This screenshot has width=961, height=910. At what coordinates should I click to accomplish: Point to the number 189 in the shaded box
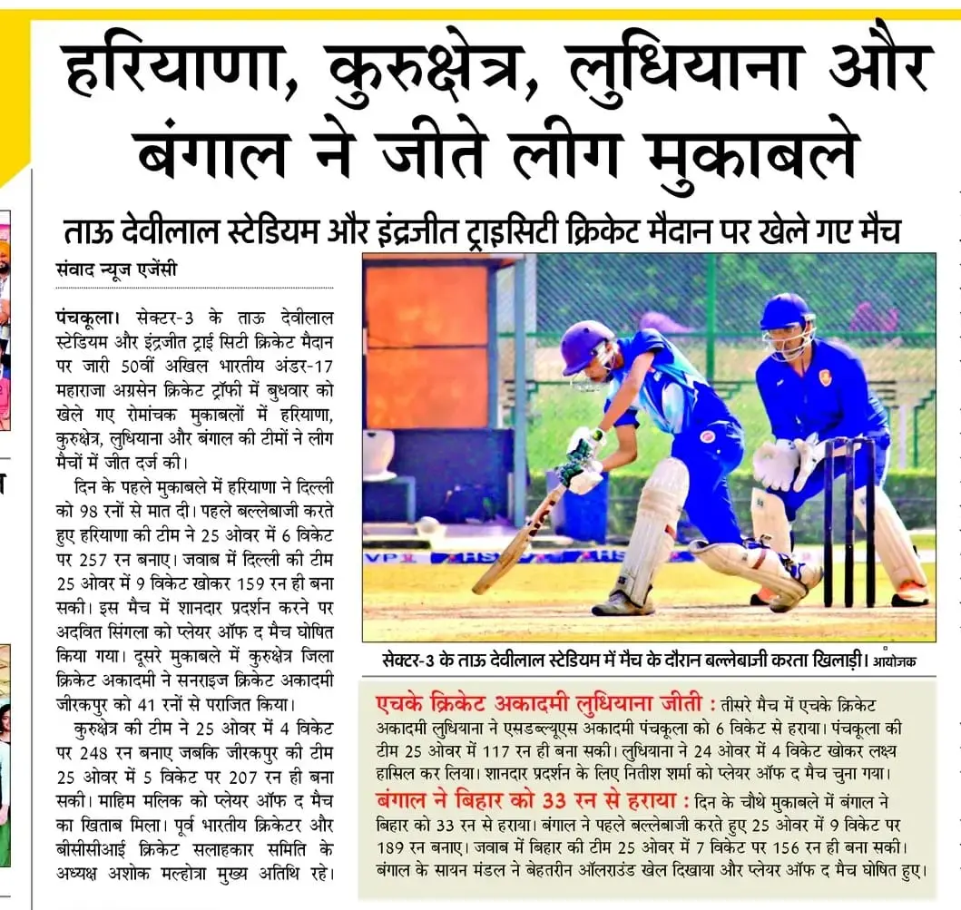coord(392,847)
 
